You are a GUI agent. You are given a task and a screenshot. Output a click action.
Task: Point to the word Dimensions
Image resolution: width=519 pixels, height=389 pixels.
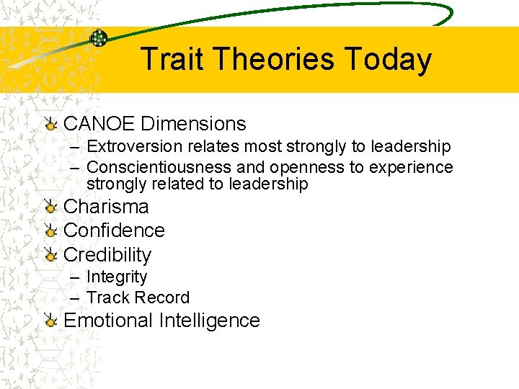(193, 124)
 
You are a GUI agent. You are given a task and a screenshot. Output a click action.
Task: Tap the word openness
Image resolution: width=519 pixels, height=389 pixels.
(317, 168)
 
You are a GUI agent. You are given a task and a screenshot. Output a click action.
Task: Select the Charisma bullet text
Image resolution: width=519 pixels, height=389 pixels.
(106, 207)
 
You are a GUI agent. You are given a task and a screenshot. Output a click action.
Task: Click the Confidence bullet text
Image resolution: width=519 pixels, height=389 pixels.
(114, 231)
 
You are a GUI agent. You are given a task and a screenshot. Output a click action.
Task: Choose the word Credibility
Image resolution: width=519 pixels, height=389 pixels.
(107, 255)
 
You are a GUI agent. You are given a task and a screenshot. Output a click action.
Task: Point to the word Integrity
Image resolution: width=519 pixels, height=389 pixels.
(116, 277)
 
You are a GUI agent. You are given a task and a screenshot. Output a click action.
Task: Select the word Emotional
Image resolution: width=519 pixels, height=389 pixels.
(109, 321)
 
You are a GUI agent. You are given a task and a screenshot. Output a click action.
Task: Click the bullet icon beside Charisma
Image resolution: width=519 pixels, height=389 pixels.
(50, 207)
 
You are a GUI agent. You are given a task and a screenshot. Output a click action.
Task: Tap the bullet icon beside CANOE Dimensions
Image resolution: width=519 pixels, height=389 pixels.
(50, 125)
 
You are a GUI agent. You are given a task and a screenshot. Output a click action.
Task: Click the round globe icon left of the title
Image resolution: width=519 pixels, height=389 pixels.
(98, 39)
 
